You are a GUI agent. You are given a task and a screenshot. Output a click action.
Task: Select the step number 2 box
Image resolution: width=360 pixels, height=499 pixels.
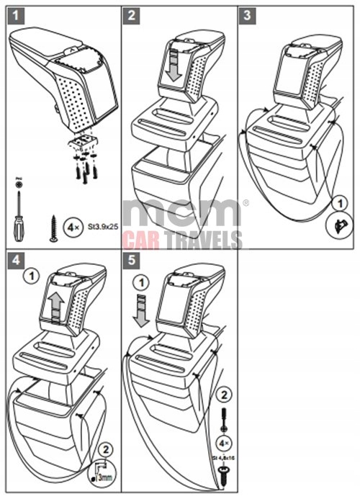point(132,14)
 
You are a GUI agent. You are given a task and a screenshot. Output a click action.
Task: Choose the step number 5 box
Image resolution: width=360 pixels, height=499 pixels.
point(132,258)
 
